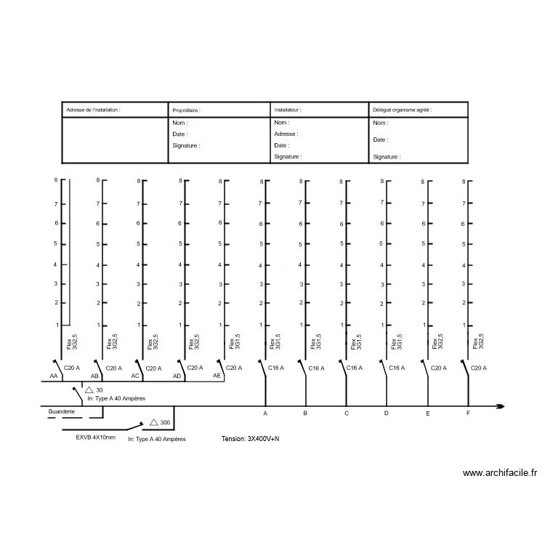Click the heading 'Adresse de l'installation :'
click(x=93, y=110)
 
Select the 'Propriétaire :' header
click(x=186, y=110)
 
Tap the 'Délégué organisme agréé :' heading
click(x=402, y=110)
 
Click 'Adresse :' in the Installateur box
click(x=286, y=134)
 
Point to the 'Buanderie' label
click(x=62, y=411)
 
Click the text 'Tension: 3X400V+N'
click(x=250, y=439)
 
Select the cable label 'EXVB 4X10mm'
click(x=96, y=437)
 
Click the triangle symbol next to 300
click(x=153, y=422)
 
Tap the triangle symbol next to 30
click(x=89, y=389)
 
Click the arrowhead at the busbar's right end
click(x=501, y=406)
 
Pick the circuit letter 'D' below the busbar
click(x=386, y=413)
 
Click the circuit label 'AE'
click(x=217, y=376)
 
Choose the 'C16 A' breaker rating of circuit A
click(x=276, y=368)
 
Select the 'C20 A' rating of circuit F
click(x=479, y=368)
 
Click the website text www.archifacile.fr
click(x=500, y=473)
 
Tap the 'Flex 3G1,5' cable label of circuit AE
click(x=235, y=342)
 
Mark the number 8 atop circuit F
click(x=464, y=182)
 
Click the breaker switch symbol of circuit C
click(x=343, y=368)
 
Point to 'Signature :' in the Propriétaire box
click(x=186, y=145)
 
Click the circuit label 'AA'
click(x=54, y=376)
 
